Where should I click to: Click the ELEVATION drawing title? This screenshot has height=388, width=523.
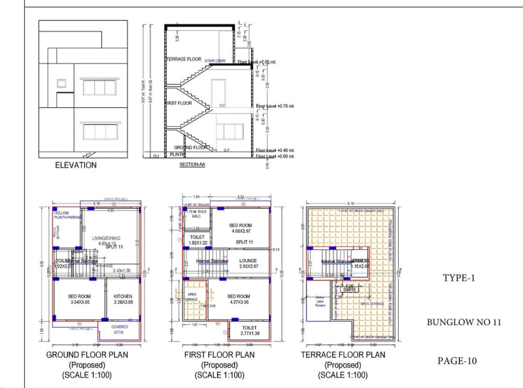[x=76, y=166]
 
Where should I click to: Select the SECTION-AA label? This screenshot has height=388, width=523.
[x=193, y=166]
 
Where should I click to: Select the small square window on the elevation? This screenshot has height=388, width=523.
[x=61, y=84]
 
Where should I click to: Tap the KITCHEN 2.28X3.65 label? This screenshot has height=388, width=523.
[x=123, y=299]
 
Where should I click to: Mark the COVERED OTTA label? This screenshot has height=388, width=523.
[x=119, y=329]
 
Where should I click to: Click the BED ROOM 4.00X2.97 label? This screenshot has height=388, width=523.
[x=240, y=228]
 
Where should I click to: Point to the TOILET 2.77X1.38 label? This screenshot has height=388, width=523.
[x=248, y=331]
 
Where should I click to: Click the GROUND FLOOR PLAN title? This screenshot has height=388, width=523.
[x=87, y=355]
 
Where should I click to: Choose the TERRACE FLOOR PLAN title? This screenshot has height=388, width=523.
[x=343, y=355]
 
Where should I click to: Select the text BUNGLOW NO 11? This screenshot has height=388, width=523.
[x=464, y=323]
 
